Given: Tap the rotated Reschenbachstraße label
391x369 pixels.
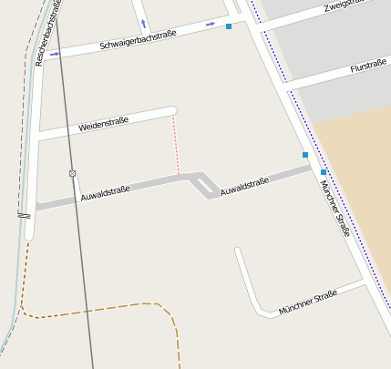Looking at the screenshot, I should [x=52, y=35].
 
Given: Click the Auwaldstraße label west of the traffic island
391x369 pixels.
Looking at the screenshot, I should [x=105, y=191].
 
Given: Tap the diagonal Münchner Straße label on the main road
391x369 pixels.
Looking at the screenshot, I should [x=334, y=207].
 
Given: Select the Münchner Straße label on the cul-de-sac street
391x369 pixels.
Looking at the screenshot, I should [x=308, y=302].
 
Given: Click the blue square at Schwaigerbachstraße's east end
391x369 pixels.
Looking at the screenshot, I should [x=228, y=27].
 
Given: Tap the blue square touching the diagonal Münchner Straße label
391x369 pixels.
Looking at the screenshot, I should [x=323, y=171].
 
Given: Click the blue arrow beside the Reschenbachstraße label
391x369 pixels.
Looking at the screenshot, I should [x=56, y=55].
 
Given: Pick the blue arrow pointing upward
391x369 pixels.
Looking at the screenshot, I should [x=143, y=24].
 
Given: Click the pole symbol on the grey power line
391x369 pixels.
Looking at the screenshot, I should [x=72, y=173].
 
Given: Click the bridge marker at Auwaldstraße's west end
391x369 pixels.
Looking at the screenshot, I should [x=24, y=215].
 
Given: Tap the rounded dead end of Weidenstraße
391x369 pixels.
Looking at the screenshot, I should [x=172, y=111].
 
